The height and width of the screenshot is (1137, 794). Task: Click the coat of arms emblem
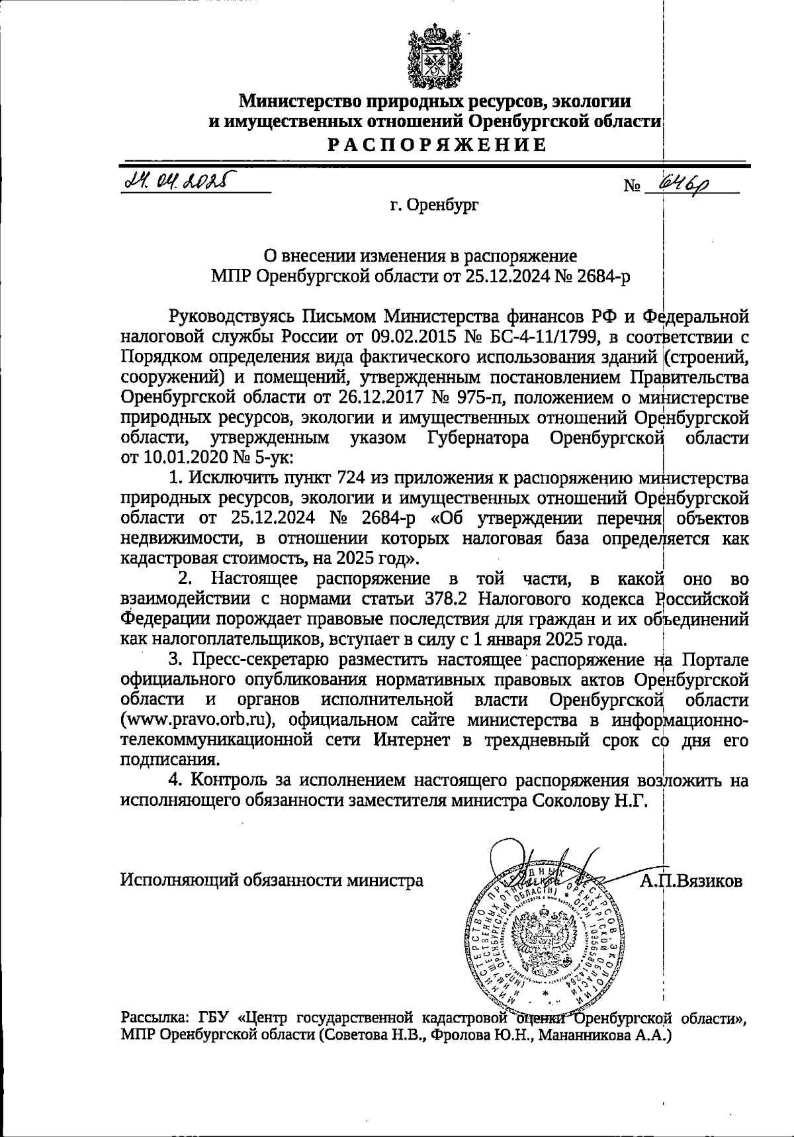coord(435,57)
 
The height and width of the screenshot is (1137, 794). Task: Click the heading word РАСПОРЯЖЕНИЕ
coord(438,144)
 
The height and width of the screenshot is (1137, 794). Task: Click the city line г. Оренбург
coord(434,205)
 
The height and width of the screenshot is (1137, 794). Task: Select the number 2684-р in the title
coord(604,276)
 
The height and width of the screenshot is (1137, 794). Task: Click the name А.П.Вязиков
coord(690,881)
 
